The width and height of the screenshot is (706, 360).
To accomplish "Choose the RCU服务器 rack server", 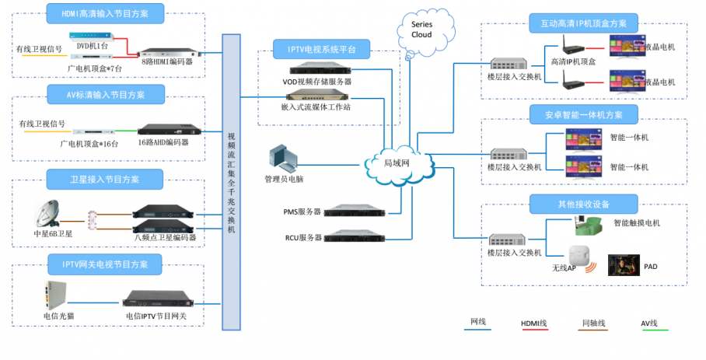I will tap(355, 236).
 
